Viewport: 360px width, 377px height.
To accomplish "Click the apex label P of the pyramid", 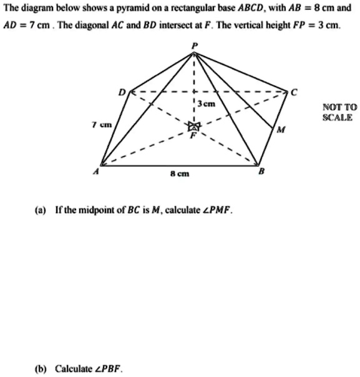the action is tap(194, 46).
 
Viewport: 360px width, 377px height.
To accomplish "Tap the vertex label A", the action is tap(94, 174).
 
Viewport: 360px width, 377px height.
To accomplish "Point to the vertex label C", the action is tap(295, 92).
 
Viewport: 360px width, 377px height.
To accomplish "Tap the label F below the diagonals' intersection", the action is tap(193, 139).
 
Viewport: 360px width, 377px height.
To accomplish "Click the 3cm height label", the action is tap(207, 104).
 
